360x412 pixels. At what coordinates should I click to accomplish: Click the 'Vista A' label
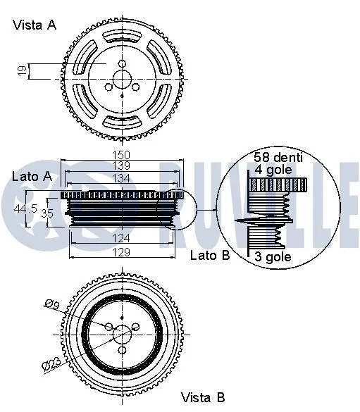[35, 25]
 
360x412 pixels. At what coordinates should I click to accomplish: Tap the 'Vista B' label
[204, 398]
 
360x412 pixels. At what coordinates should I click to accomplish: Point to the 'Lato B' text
[210, 255]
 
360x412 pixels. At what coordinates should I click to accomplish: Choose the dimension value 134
[122, 179]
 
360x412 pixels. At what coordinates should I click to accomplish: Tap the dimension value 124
[122, 239]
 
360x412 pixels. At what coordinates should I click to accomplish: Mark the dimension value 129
[122, 251]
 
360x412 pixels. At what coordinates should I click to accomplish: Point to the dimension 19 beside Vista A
[22, 70]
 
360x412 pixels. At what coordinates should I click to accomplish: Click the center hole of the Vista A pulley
[123, 64]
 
